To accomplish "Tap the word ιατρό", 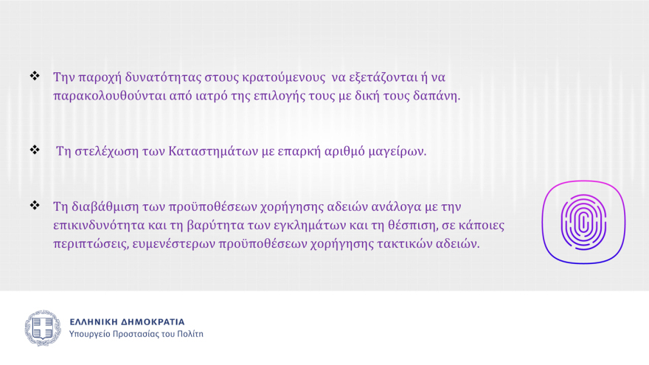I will pos(206,96).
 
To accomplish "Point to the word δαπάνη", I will pos(439,96).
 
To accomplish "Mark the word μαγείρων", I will pos(400,152).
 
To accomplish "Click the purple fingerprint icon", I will pos(583,222).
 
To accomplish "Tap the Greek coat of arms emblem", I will pos(43,328).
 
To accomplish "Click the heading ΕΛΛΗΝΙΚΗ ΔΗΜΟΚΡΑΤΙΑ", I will pos(127,322).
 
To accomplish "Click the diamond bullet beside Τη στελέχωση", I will pos(34,150).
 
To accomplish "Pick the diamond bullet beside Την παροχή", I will pos(34,76).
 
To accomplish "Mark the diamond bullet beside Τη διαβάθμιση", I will pos(34,205).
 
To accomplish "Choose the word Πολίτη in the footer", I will pos(190,335).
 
